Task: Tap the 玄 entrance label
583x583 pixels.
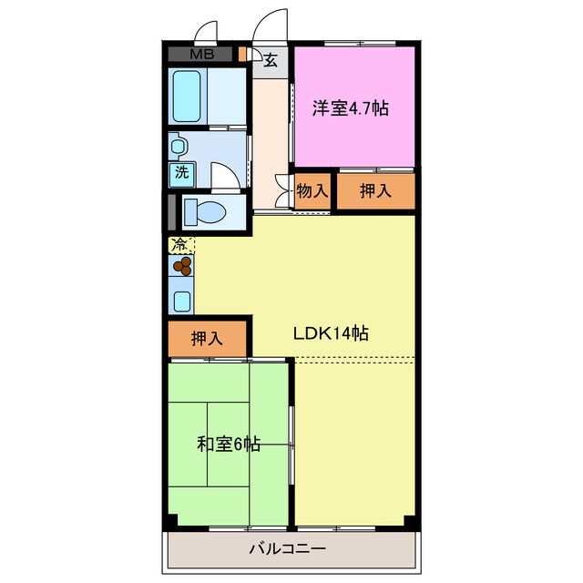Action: [x=271, y=61]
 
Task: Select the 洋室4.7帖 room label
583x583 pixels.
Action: [x=351, y=108]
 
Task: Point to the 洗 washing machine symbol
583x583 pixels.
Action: [x=181, y=171]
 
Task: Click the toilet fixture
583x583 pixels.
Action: [x=204, y=212]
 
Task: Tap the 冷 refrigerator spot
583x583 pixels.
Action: [x=180, y=244]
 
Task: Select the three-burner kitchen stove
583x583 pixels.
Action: [x=182, y=266]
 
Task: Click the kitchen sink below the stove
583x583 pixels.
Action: [x=181, y=301]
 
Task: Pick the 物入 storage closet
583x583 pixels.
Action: [x=312, y=191]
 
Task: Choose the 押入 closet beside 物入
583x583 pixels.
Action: [x=375, y=191]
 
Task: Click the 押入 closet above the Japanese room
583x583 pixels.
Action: [x=208, y=338]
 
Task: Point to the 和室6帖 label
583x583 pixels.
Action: [x=229, y=444]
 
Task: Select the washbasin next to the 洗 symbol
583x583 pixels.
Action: [x=179, y=146]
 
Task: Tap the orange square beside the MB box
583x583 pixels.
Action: [x=242, y=53]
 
